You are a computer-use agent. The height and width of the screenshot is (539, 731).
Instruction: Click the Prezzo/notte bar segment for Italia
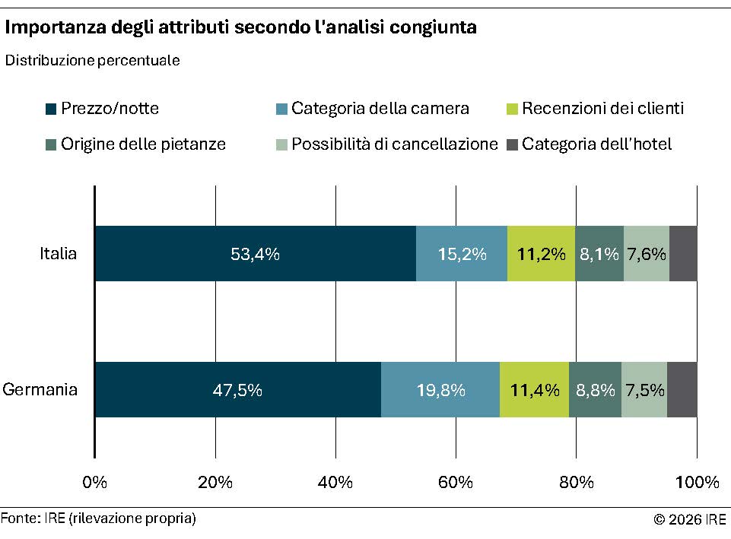[x=255, y=254]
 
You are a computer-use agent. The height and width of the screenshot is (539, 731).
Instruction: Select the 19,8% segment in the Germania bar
[x=440, y=390]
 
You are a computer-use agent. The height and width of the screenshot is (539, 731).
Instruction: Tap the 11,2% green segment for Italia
[x=541, y=254]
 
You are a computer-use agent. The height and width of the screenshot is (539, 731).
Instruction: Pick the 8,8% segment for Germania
[x=595, y=390]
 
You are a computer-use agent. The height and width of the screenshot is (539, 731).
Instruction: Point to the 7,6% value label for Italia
[x=646, y=254]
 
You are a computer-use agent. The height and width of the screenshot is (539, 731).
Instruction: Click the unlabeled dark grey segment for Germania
[x=682, y=390]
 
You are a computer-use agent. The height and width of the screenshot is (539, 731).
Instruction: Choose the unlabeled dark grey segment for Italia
[x=683, y=254]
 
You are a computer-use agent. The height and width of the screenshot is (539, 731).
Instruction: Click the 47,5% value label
[x=237, y=390]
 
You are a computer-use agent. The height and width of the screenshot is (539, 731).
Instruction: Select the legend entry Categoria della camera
[x=380, y=109]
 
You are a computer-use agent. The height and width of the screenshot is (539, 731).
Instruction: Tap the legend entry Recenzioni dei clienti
[x=602, y=109]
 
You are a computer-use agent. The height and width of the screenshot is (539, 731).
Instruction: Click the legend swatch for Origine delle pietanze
[x=51, y=144]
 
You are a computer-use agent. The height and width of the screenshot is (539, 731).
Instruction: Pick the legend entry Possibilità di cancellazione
[x=394, y=144]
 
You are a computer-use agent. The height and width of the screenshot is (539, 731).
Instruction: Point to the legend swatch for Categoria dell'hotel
[x=512, y=144]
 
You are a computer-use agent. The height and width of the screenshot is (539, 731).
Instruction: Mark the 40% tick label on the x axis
[x=335, y=483]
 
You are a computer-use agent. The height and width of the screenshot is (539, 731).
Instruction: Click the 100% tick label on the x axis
[x=697, y=483]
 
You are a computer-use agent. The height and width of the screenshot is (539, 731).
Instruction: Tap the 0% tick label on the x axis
[x=94, y=483]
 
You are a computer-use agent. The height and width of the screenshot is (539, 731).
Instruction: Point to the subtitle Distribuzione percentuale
[x=92, y=61]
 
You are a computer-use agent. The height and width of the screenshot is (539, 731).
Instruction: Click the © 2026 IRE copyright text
[x=689, y=520]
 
